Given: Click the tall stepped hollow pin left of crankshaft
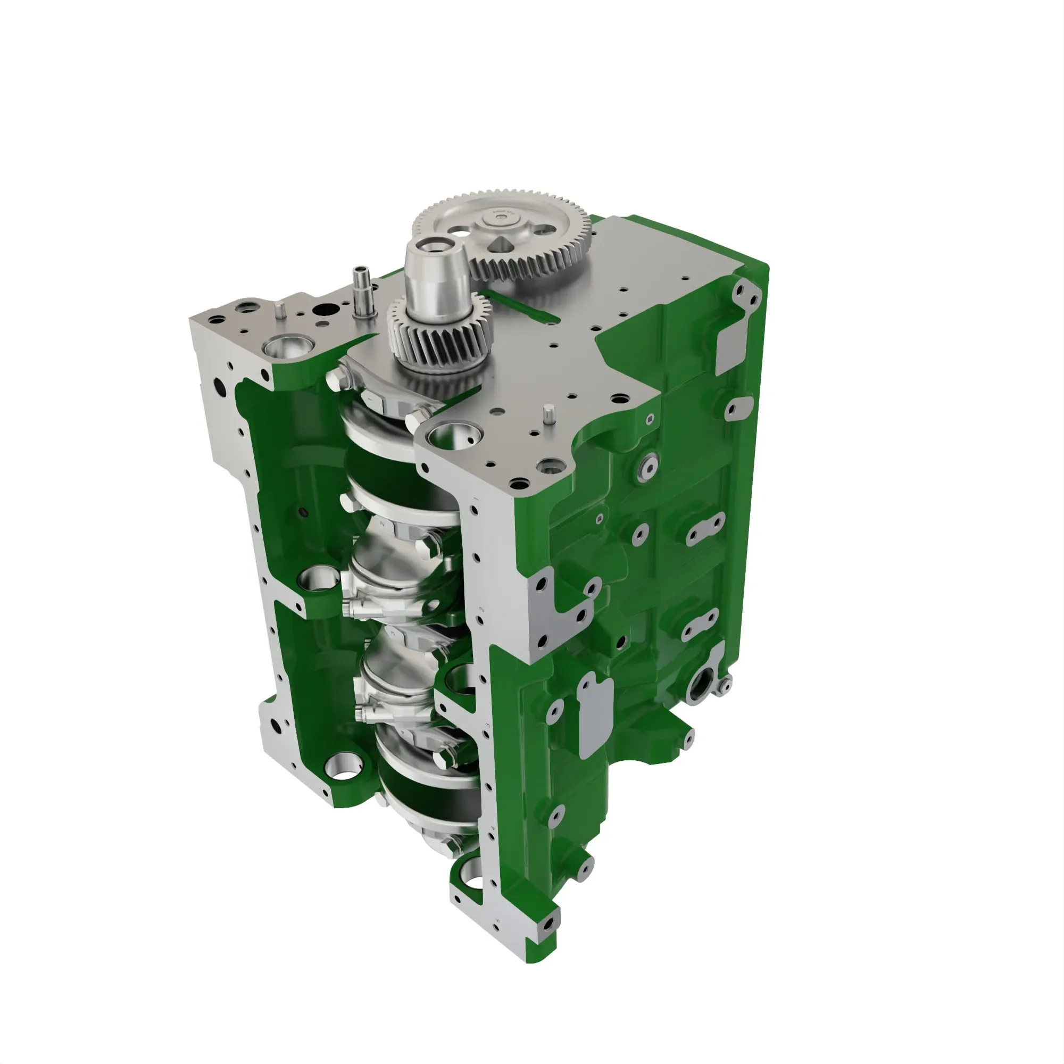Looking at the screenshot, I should coord(362,290).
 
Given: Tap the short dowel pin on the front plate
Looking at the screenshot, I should coord(548,415).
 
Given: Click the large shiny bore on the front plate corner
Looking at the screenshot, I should coord(454,436).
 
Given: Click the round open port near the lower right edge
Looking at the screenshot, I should coord(701,687).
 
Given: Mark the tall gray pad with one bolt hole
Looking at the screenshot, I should coord(594,716).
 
